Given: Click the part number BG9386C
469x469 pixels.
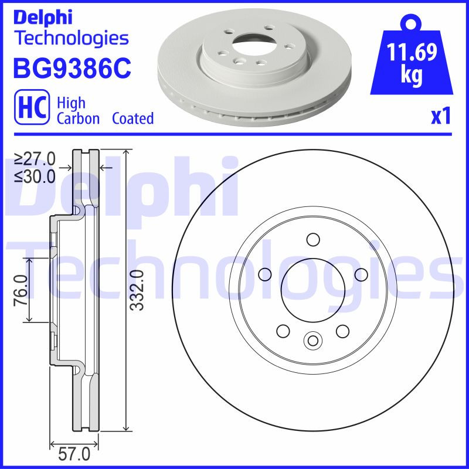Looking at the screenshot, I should tap(72, 69).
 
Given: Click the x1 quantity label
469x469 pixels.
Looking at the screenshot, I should tap(440, 117).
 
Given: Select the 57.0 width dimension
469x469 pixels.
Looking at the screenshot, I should tap(76, 454).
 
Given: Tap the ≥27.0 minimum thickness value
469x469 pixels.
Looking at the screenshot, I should tap(35, 159).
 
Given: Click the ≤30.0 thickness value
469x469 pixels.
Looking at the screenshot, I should tap(35, 175).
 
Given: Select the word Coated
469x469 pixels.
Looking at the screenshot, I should tap(132, 118).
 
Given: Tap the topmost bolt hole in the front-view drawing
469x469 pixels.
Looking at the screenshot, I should tap(312, 239).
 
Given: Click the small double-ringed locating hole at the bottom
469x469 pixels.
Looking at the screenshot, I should tap(312, 339).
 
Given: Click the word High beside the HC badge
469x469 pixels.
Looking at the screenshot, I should tap(71, 103).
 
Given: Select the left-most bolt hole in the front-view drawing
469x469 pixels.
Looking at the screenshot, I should tap(264, 274).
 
